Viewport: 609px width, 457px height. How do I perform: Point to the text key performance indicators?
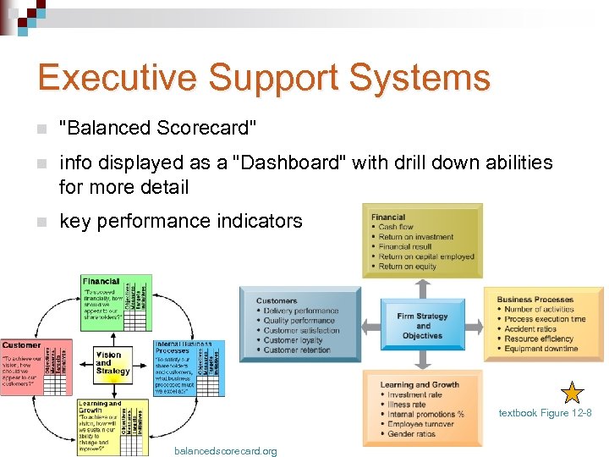coord(180,221)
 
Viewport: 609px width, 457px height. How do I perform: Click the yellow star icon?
coord(573,393)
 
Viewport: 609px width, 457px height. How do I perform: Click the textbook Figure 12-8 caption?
coord(545,413)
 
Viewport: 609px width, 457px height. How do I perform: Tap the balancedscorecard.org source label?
coord(225,451)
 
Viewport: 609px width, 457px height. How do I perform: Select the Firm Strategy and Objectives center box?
coord(422,326)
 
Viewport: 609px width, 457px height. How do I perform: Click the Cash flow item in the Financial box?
coord(395,227)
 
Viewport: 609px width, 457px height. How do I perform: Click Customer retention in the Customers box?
coord(296,350)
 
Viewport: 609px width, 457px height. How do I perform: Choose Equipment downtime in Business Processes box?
coord(540,349)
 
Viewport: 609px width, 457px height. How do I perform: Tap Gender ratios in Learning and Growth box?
coord(411,434)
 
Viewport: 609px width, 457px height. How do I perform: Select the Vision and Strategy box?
coord(112,362)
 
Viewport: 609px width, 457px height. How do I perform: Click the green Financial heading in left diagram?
coord(101,281)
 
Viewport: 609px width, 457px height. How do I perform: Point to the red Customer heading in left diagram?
coord(21,345)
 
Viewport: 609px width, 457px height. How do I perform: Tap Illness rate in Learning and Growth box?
coord(406,405)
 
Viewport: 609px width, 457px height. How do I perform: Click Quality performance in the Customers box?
coord(299,321)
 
